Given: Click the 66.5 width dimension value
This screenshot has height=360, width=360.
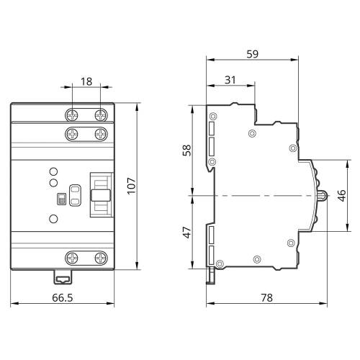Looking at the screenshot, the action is pos(63,298).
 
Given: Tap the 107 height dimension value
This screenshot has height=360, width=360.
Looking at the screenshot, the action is pos(131,186).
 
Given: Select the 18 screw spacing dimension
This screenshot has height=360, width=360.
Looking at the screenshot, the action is pos(86,81).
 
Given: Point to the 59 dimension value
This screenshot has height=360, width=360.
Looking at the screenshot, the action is pos(253,54).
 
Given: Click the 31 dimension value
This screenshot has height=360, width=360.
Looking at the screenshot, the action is pos(230,80).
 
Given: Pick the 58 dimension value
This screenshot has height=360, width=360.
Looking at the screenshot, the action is pos(187,150).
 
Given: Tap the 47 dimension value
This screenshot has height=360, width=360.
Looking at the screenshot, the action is pos(187,233).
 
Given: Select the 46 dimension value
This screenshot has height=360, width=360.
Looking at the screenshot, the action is pos(341,196).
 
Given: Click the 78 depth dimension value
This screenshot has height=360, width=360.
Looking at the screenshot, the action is pos(267,298).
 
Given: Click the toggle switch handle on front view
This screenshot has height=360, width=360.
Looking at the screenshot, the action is pos(101,195).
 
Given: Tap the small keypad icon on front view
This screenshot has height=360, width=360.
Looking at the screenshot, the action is pos(61,199).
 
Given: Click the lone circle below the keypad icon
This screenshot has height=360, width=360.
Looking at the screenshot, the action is pos(53,219).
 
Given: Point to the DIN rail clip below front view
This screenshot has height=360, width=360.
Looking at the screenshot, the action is pos(63,277).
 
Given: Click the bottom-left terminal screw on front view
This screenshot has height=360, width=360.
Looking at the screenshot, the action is pos(72,258).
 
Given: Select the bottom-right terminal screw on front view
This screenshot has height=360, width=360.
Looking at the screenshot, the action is pos(101,258).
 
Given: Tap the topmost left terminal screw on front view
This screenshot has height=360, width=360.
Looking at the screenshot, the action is pos(72,115).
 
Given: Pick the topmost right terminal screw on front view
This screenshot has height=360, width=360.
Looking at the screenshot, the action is pos(101,115).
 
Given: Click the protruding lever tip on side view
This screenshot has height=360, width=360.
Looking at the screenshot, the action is pos(323,196).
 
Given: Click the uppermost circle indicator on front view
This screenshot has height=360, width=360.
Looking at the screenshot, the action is pos(53,171).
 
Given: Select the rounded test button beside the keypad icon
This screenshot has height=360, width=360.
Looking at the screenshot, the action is pos(75,195).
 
